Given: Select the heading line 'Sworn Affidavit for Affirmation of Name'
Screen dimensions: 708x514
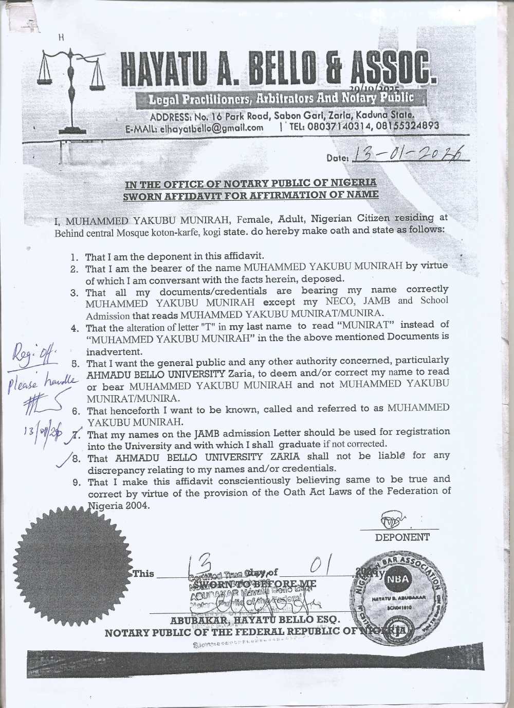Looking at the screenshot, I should click(x=252, y=194).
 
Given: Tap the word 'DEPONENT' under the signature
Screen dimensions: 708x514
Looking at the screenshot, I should click(x=402, y=537).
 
